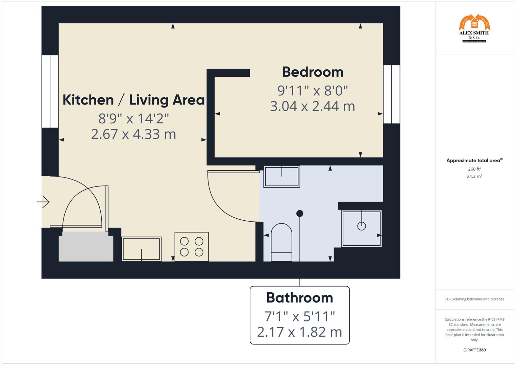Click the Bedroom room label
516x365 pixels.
pos(313,72)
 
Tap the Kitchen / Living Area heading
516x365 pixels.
pos(133,100)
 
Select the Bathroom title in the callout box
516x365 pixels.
pos(299,298)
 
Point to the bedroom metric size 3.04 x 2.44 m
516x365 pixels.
pos(313,106)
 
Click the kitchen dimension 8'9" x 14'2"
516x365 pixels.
pos(133,119)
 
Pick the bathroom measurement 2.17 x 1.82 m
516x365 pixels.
pos(299,332)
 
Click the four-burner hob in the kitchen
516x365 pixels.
pos(192,246)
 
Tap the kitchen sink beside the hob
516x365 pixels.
pos(141,249)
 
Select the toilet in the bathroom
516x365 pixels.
pos(281,242)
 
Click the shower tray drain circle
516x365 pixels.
pos(362,226)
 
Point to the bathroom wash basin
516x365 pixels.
pos(281,176)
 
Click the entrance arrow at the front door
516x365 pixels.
pos(44,202)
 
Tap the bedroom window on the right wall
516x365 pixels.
pos(391,94)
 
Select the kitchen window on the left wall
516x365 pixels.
pos(50,91)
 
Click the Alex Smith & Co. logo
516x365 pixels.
pos(474,28)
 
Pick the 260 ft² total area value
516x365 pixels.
pos(474,169)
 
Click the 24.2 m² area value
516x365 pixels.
pos(474,176)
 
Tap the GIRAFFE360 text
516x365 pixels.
pos(474,350)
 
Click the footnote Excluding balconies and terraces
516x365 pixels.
pos(474,299)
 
